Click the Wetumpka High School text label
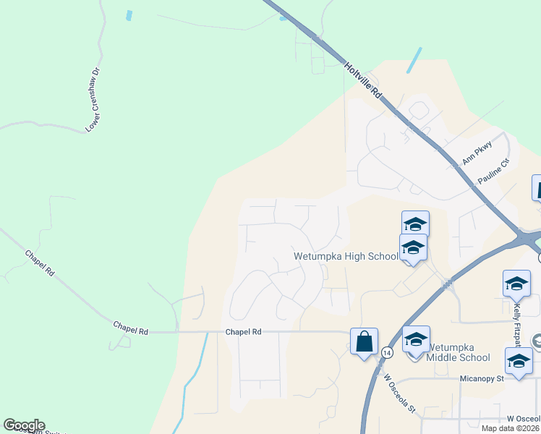pyautogui.click(x=346, y=256)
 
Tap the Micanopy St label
pyautogui.click(x=485, y=378)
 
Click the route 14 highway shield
pyautogui.click(x=387, y=352)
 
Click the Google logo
pyautogui.click(x=24, y=425)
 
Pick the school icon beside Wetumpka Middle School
pyautogui.click(x=416, y=340)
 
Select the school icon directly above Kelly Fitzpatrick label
pyautogui.click(x=516, y=284)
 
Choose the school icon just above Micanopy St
pyautogui.click(x=518, y=360)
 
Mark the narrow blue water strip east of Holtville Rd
pyautogui.click(x=414, y=60)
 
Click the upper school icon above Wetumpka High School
pyautogui.click(x=416, y=224)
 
